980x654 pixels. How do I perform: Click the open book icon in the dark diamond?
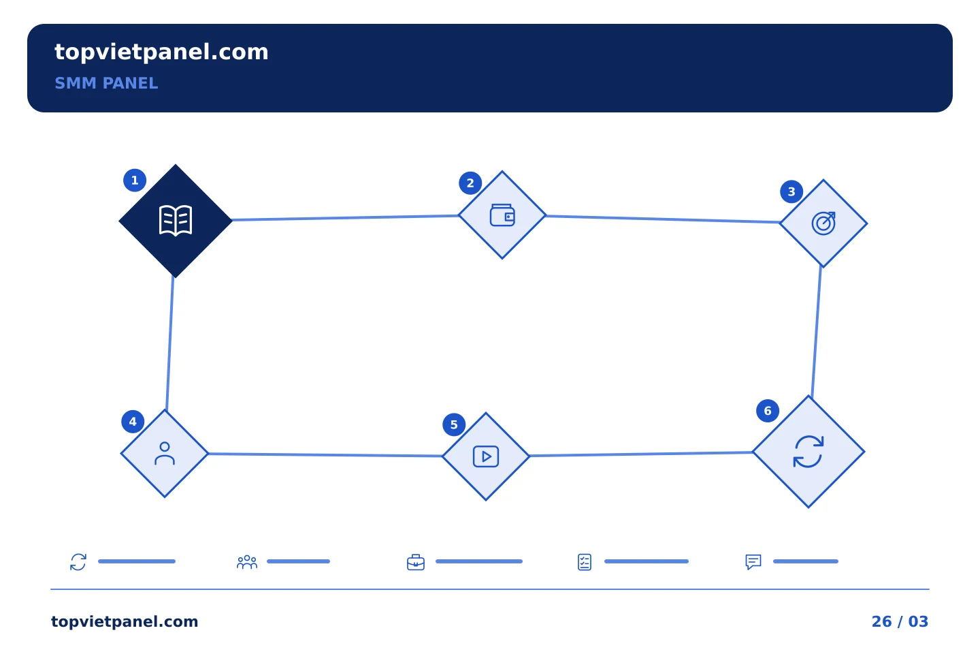coord(176,221)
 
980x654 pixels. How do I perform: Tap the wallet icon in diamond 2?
coord(502,215)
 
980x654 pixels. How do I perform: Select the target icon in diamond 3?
coord(823,223)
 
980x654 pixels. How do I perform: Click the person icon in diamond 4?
coord(165,454)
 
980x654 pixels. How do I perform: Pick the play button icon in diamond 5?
coord(486,456)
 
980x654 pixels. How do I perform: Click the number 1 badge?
coord(135,181)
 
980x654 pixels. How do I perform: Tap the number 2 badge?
coord(470,183)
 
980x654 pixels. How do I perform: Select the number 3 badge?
coord(791,192)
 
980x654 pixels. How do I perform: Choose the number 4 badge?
coord(133,422)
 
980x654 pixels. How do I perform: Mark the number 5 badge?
coord(454,424)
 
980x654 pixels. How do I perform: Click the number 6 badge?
coord(768,411)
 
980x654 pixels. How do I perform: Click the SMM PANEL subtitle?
coord(106,83)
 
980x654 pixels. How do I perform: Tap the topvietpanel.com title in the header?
coord(161,52)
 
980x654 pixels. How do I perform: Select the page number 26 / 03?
coord(900,621)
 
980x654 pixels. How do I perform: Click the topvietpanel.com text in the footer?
coord(125,621)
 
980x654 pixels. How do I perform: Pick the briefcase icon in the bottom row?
coord(416,562)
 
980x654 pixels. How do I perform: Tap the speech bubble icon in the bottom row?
coord(753,562)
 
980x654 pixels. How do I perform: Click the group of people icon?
coord(247,562)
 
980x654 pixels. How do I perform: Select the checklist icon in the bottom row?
coord(585,562)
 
